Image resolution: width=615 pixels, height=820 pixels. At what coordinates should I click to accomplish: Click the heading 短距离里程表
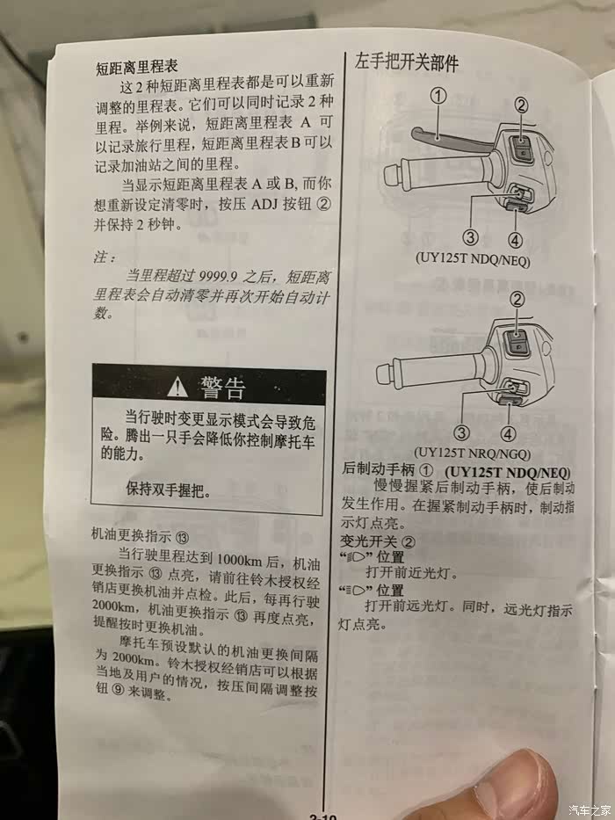(x=137, y=67)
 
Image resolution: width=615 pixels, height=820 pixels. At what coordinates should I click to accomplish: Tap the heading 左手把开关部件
(x=406, y=62)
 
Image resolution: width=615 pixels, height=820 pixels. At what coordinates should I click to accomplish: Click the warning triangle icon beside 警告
(x=177, y=387)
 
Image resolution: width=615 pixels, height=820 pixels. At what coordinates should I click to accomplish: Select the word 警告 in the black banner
(x=221, y=388)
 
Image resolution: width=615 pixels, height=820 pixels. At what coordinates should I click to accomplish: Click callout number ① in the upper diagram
(x=438, y=96)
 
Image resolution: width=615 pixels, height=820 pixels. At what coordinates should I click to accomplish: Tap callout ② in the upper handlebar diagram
(x=521, y=105)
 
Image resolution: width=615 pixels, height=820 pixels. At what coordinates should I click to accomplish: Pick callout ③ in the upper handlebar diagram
(x=471, y=237)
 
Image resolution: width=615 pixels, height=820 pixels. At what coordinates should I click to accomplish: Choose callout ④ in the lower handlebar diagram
(x=508, y=433)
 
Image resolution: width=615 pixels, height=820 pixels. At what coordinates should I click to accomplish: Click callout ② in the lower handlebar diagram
(x=517, y=299)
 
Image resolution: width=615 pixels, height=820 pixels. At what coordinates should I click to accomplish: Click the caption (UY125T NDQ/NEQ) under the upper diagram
(x=473, y=259)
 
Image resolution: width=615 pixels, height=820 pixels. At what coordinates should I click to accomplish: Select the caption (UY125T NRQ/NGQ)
(x=473, y=453)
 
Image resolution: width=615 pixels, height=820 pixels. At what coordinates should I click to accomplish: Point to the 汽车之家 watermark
(x=590, y=809)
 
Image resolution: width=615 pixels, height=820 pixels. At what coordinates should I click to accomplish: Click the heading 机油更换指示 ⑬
(x=141, y=535)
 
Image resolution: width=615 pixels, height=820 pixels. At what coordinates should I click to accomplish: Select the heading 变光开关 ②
(x=378, y=541)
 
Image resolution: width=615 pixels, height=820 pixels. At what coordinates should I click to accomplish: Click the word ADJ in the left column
(x=264, y=204)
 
